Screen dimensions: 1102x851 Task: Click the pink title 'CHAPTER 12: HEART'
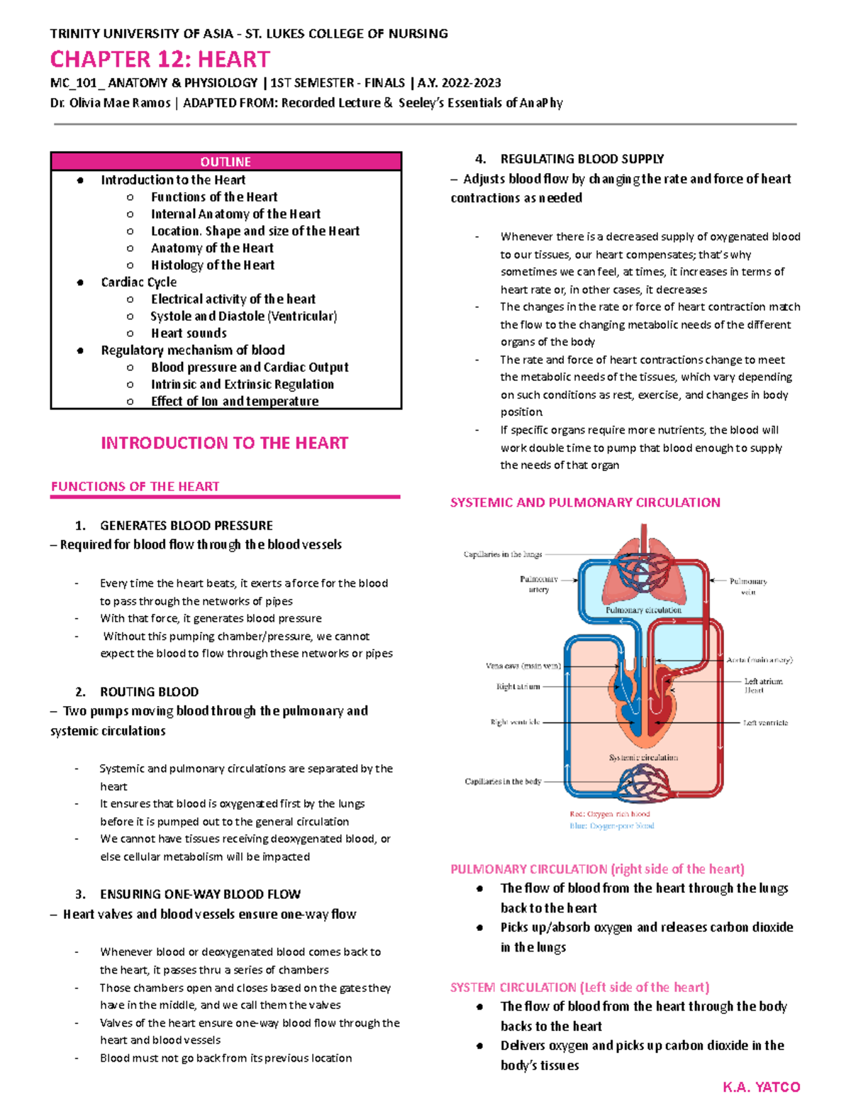click(x=160, y=59)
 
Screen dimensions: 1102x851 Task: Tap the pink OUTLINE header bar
click(x=226, y=162)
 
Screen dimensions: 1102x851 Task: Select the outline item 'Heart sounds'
click(x=189, y=334)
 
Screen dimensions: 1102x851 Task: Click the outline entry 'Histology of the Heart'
click(x=212, y=265)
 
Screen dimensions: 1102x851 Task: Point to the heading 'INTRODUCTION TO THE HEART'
click(x=224, y=443)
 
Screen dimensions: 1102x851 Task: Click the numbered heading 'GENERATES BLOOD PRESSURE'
click(x=186, y=526)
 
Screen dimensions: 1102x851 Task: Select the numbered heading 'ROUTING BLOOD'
click(x=149, y=692)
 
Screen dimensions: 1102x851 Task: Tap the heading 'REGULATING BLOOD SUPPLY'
click(x=582, y=159)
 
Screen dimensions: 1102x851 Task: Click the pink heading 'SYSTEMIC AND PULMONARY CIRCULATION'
click(x=585, y=502)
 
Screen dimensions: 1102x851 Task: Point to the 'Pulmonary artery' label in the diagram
click(x=538, y=584)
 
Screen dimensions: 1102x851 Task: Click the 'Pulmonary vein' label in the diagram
click(x=748, y=586)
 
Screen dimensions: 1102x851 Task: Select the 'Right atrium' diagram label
click(x=518, y=687)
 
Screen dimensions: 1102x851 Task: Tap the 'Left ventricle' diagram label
click(x=765, y=723)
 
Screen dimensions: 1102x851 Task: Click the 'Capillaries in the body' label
click(x=503, y=781)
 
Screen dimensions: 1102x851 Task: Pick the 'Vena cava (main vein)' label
click(x=523, y=666)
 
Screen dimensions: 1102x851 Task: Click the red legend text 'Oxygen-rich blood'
click(x=610, y=814)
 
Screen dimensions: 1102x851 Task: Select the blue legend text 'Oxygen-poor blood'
click(x=612, y=826)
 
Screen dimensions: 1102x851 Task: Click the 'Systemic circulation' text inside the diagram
click(x=643, y=758)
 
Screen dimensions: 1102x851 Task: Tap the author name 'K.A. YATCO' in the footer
click(x=761, y=1087)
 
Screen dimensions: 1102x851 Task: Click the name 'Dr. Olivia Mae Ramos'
click(x=110, y=103)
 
